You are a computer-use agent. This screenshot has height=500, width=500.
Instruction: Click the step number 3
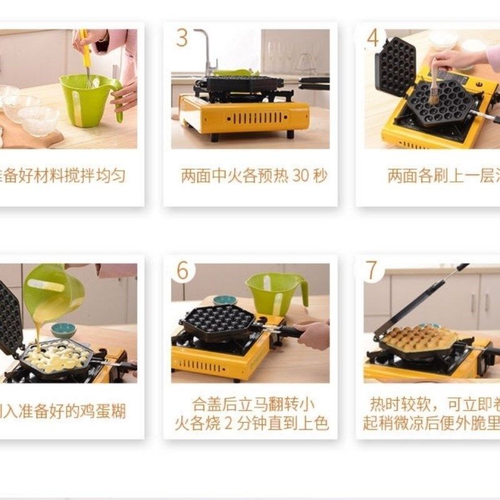[182, 37]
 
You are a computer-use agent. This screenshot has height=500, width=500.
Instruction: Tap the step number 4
[373, 37]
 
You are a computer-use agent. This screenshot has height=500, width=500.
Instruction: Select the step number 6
[182, 271]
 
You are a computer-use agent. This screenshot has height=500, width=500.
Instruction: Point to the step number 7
[372, 271]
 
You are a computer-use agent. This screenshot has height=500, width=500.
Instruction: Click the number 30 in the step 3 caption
[301, 176]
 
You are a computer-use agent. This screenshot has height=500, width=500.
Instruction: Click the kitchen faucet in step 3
[206, 50]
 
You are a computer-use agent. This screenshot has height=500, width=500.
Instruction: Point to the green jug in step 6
[275, 292]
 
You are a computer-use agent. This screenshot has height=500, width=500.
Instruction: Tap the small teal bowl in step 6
[224, 301]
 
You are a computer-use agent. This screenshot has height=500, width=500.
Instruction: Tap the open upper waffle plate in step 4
[396, 66]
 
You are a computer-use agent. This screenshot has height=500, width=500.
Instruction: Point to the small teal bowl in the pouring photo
[64, 329]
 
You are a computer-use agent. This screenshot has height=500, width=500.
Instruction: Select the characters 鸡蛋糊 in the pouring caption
[103, 411]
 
